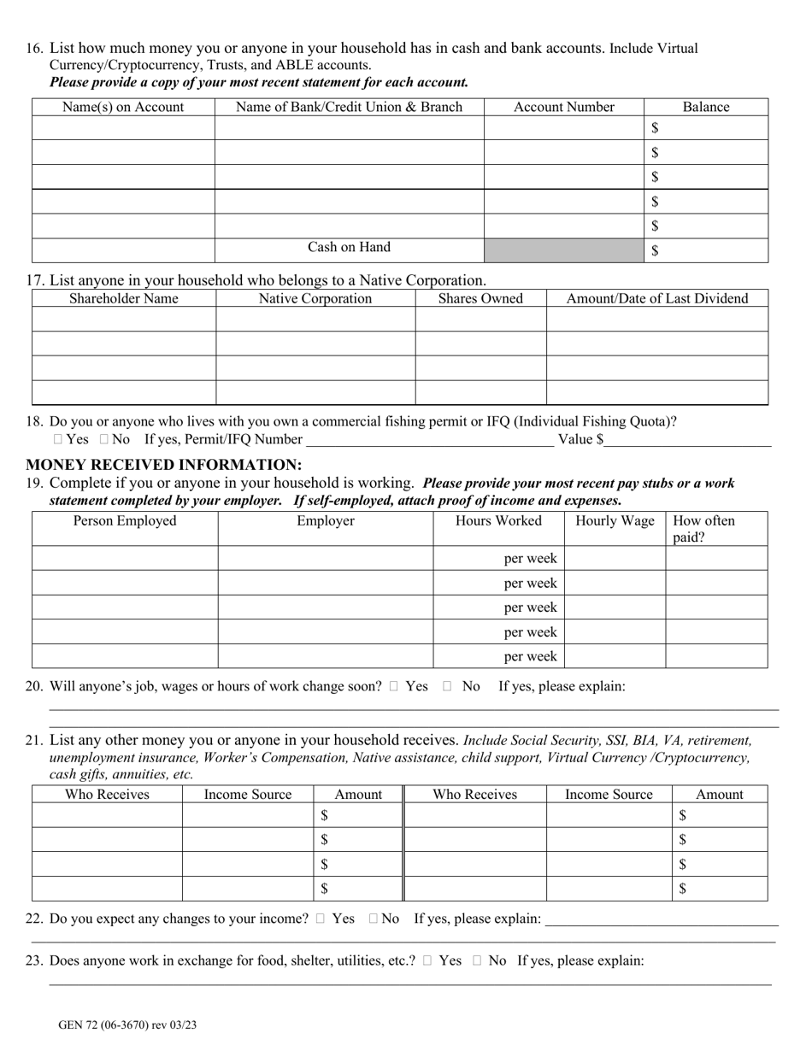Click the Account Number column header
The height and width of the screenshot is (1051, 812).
click(x=563, y=107)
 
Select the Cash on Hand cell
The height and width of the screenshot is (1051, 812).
click(x=349, y=248)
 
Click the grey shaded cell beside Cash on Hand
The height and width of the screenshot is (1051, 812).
click(x=563, y=250)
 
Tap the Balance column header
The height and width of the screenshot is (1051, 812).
click(x=705, y=107)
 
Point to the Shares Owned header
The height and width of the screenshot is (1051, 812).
click(x=480, y=298)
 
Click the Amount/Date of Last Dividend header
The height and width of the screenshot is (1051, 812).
click(x=656, y=298)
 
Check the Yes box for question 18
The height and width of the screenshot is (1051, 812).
click(x=57, y=440)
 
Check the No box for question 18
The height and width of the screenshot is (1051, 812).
click(x=103, y=440)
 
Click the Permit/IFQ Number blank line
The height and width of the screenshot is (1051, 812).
click(x=428, y=440)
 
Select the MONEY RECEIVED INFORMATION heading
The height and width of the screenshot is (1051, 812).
click(x=163, y=465)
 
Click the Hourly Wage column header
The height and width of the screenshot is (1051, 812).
click(x=615, y=521)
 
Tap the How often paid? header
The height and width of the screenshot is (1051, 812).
click(x=703, y=529)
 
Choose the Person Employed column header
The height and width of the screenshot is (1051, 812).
click(x=125, y=521)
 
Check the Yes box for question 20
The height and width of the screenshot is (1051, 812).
click(x=393, y=686)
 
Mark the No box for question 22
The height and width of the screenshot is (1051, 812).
click(x=374, y=919)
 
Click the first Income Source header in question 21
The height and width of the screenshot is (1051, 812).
click(x=247, y=795)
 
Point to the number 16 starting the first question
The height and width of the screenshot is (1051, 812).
click(x=33, y=49)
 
